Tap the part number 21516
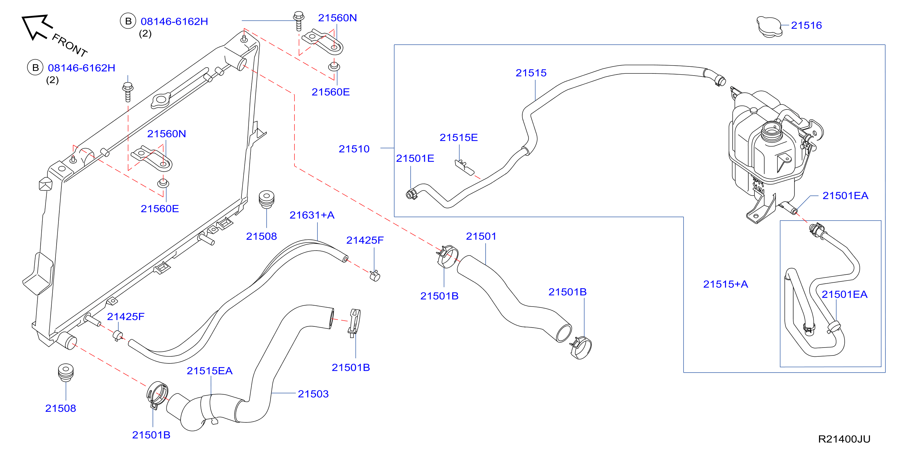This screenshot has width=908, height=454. click(x=806, y=25)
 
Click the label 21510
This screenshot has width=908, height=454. click(x=354, y=149)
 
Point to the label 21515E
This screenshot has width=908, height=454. click(x=458, y=137)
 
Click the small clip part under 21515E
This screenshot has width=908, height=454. click(x=464, y=167)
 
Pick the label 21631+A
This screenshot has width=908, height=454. click(x=312, y=215)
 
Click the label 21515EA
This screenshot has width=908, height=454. click(x=210, y=371)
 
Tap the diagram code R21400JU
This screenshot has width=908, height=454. click(x=844, y=439)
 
